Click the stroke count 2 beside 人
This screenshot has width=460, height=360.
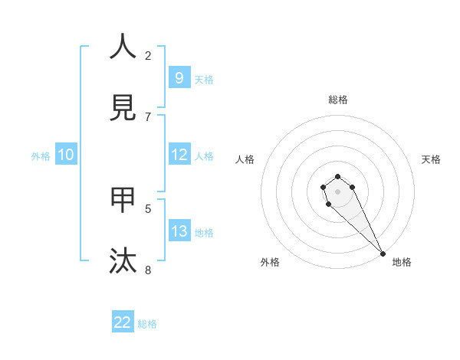[148, 55]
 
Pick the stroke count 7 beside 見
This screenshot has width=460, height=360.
[148, 116]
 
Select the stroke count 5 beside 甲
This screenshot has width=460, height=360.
[148, 208]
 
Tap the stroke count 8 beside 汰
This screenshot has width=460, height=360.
[148, 270]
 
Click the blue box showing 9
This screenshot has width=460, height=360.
[179, 77]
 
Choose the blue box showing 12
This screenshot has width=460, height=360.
[179, 155]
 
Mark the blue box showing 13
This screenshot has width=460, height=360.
[179, 231]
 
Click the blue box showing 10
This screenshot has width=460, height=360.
[66, 155]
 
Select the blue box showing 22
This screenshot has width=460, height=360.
[123, 322]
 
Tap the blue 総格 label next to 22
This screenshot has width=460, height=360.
[147, 324]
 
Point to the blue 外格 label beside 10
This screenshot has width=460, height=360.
[41, 156]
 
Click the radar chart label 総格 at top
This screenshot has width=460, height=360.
[338, 100]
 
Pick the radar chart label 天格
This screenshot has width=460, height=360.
[431, 159]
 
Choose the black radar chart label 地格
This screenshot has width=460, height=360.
[402, 262]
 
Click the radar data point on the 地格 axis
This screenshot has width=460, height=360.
[383, 254]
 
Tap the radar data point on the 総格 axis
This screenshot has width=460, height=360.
[337, 176]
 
